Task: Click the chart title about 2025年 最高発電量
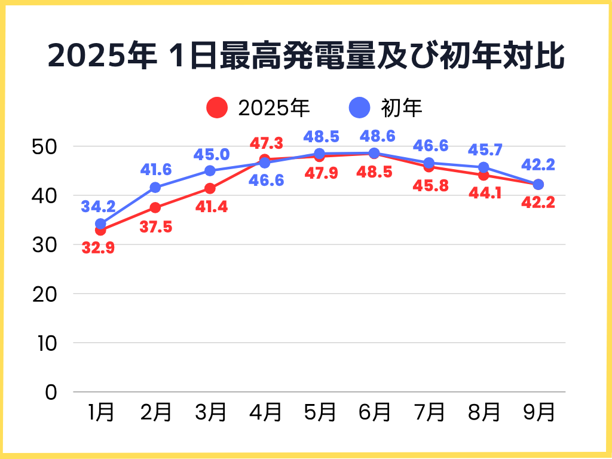click(x=305, y=57)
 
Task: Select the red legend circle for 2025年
click(x=217, y=108)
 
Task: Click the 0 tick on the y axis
click(x=51, y=392)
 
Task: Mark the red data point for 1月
click(x=100, y=230)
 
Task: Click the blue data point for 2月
click(x=155, y=188)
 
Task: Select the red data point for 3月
click(x=210, y=188)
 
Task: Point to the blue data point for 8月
click(x=484, y=167)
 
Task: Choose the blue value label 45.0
click(x=211, y=155)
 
